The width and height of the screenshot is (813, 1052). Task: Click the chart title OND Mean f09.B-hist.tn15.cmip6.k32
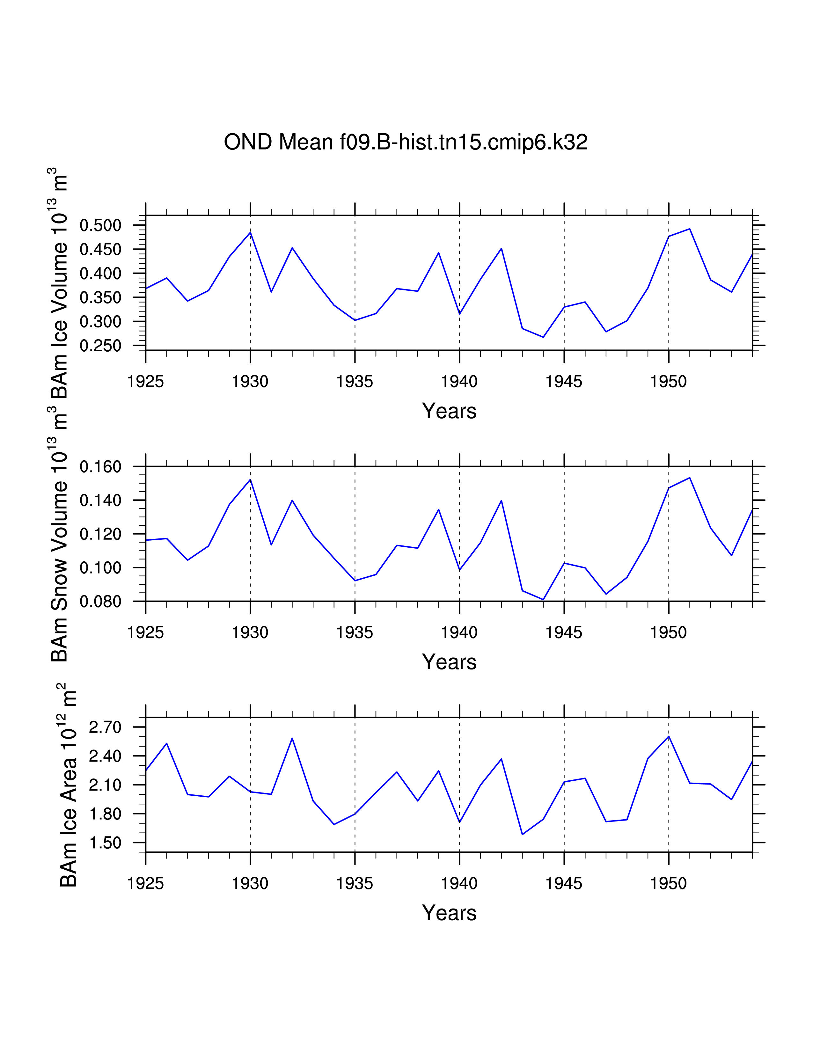point(406,142)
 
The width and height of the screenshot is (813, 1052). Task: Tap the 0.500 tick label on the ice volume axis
point(100,225)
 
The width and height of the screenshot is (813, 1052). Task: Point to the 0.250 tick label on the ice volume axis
point(100,346)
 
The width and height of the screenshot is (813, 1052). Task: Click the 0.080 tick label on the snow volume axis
point(100,602)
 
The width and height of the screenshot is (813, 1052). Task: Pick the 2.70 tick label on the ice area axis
point(105,727)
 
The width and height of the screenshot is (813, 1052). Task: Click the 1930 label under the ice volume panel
point(250,382)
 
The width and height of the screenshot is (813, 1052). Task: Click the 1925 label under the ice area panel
point(145,884)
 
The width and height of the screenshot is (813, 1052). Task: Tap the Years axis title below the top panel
point(449,411)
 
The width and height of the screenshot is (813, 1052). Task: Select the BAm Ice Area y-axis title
point(69,785)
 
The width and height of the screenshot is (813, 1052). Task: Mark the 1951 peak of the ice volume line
point(690,229)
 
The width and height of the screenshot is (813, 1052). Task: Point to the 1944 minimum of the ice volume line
point(543,337)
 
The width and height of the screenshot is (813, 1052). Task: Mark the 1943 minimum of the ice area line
point(523,834)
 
